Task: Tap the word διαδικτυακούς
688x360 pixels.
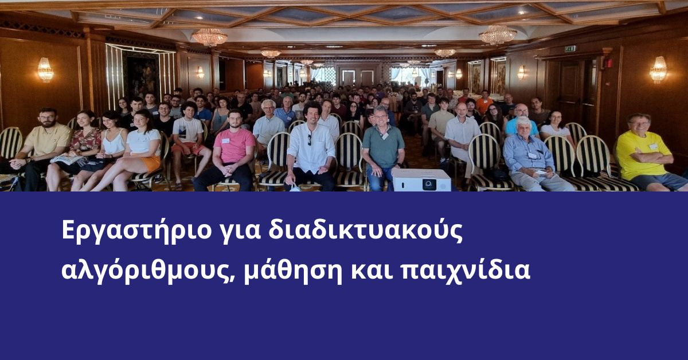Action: pyautogui.click(x=365, y=230)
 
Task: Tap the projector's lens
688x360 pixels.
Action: pyautogui.click(x=429, y=185)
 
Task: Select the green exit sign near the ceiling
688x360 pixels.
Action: pyautogui.click(x=570, y=49)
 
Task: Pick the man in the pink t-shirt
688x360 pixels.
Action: pyautogui.click(x=230, y=151)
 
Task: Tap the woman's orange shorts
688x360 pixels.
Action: pyautogui.click(x=151, y=163)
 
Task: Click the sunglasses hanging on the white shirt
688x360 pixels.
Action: pyautogui.click(x=309, y=140)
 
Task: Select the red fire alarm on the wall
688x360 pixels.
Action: pyautogui.click(x=608, y=63)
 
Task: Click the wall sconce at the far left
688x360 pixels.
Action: pyautogui.click(x=45, y=70)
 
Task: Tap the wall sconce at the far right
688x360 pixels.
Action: pyautogui.click(x=658, y=69)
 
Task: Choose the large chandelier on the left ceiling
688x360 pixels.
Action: pyautogui.click(x=209, y=37)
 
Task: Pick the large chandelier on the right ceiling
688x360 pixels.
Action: pyautogui.click(x=498, y=34)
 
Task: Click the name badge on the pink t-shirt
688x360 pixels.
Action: pyautogui.click(x=226, y=140)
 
